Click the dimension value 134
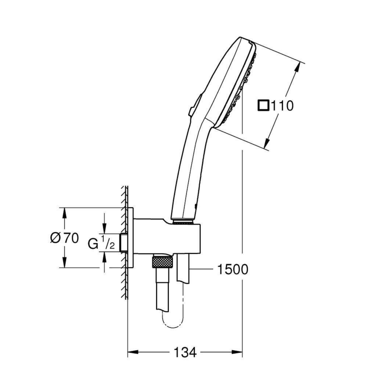click(185, 352)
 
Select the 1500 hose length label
click(232, 269)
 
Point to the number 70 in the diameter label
click(71, 238)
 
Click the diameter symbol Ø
click(56, 238)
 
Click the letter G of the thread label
click(93, 243)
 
